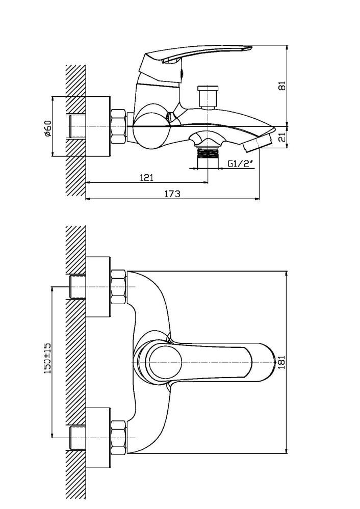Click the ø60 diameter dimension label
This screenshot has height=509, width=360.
(47, 127)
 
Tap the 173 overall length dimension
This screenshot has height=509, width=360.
(172, 194)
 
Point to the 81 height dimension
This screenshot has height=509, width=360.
(282, 85)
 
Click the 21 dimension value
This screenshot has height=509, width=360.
(282, 137)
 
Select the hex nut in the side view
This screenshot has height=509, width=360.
(118, 126)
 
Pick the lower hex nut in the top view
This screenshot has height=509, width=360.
(118, 437)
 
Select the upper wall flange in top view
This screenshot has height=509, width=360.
(98, 286)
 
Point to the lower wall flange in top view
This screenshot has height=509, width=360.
(98, 437)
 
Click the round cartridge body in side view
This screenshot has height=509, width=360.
(151, 127)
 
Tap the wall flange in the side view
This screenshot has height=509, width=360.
(98, 126)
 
